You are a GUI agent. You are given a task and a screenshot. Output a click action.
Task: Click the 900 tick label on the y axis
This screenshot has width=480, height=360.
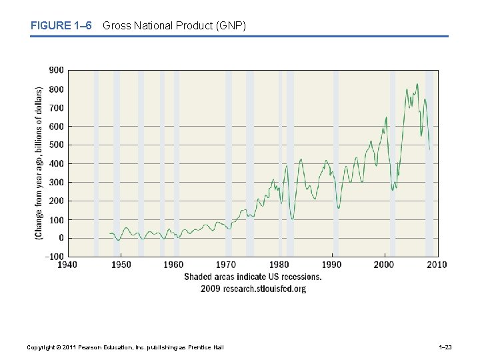57,70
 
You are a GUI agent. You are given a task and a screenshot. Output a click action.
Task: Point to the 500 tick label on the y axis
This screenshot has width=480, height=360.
57,145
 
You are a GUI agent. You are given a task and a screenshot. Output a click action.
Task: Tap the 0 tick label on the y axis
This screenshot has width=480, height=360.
61,238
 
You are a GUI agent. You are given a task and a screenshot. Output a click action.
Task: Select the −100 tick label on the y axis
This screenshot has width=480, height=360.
55,257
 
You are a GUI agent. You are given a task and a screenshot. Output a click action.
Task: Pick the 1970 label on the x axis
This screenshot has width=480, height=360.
226,265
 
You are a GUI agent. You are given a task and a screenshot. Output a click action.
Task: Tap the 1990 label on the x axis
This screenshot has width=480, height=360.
331,265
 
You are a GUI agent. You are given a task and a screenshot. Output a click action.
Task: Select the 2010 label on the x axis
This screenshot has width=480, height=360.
436,265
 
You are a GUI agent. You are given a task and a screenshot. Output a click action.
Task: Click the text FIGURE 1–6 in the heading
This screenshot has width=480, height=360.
60,26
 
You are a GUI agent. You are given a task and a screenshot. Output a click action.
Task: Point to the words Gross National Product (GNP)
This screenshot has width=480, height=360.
175,26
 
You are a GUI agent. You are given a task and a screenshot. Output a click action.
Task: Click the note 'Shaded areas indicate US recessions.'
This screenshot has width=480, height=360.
253,277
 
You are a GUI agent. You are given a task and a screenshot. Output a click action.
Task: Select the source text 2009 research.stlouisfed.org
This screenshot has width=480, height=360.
253,289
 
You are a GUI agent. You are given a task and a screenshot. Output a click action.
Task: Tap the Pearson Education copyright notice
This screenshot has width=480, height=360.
125,347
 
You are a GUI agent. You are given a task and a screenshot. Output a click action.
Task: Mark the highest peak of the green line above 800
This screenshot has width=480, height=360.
417,84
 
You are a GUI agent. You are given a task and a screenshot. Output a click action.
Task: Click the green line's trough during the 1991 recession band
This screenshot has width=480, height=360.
338,207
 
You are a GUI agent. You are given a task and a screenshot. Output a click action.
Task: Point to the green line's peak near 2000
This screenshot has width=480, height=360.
386,117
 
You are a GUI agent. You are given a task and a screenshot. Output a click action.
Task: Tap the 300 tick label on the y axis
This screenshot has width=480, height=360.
57,182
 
